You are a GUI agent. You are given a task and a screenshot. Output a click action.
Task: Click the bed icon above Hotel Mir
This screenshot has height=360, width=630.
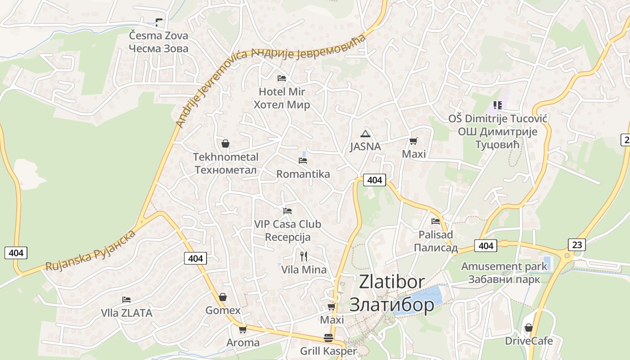click(282, 78)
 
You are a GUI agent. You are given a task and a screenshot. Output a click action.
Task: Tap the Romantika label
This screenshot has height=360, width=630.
click(303, 174)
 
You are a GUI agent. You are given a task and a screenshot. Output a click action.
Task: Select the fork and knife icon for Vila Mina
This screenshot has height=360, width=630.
click(304, 256)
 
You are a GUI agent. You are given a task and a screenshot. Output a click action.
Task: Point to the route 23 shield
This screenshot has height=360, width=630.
click(577, 245)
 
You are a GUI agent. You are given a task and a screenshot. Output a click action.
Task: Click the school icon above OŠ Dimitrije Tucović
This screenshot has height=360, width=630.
click(497, 105)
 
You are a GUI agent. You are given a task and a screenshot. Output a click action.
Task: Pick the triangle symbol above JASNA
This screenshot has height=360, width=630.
click(365, 133)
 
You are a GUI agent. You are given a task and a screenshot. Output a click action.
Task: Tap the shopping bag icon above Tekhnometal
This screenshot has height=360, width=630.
click(225, 144)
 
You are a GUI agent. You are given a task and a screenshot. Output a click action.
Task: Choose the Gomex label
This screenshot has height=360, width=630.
click(223, 310)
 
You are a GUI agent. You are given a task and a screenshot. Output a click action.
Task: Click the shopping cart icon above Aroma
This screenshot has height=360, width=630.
click(243, 329)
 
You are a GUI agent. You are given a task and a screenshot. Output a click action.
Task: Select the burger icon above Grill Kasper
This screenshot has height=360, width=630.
click(328, 338)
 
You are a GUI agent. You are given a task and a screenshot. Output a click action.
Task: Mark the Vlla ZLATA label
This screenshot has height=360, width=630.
click(126, 313)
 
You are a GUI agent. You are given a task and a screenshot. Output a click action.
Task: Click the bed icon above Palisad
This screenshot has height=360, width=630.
click(436, 221)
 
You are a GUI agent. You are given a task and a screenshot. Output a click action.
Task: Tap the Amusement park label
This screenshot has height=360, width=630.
click(504, 266)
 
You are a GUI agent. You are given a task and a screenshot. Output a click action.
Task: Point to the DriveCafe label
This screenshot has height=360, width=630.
click(529, 341)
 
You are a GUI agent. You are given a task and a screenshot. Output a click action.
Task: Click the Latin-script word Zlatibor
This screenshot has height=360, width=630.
click(391, 282)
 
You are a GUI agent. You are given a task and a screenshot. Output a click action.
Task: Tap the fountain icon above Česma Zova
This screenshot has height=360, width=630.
click(159, 22)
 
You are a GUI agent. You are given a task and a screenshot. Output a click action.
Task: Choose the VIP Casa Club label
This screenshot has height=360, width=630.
click(288, 224)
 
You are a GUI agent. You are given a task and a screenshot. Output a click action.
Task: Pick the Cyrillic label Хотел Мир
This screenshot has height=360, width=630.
click(282, 105)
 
